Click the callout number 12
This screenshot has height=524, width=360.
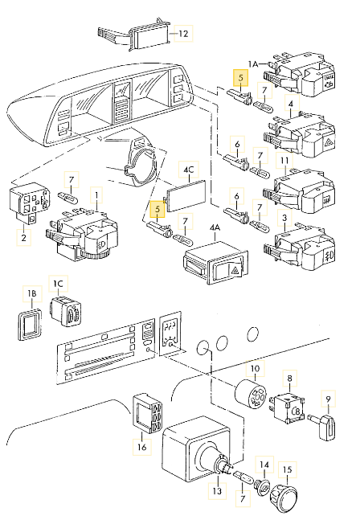tap(184, 34)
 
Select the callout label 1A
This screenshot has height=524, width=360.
tap(254, 63)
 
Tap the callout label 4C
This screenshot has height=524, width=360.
tap(189, 170)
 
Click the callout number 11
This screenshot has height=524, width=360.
tap(284, 161)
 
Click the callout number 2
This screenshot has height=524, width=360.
tap(24, 237)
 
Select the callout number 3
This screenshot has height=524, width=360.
tap(284, 217)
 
